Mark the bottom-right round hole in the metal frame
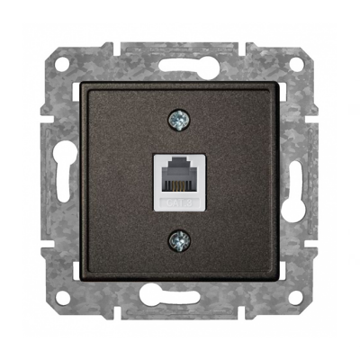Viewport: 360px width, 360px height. [296, 293]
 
